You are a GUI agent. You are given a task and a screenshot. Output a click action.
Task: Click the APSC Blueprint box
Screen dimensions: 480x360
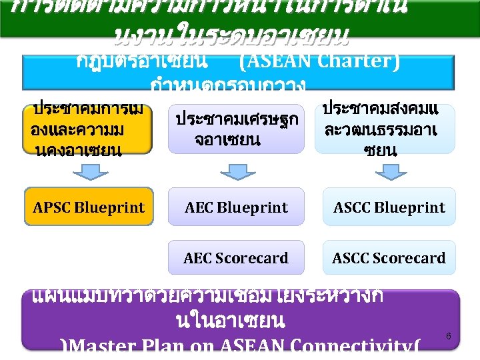pyautogui.click(x=89, y=207)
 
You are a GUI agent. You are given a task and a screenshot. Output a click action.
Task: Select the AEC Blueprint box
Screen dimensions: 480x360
pyautogui.click(x=236, y=207)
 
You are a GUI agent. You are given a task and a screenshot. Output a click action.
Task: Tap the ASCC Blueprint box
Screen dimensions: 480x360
pyautogui.click(x=389, y=207)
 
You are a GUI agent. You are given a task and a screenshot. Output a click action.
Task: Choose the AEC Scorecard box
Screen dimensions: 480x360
pyautogui.click(x=236, y=258)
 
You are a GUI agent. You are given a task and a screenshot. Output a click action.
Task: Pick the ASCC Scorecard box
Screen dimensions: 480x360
pyautogui.click(x=389, y=258)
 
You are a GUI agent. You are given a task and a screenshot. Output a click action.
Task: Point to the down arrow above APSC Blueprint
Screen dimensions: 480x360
pyautogui.click(x=87, y=173)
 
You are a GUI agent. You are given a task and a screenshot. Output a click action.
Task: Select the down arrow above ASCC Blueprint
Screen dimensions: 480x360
pyautogui.click(x=389, y=173)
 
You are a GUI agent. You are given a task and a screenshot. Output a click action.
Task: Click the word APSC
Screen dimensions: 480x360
pyautogui.click(x=51, y=207)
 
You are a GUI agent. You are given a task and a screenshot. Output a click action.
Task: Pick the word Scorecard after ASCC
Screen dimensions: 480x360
pyautogui.click(x=411, y=258)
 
